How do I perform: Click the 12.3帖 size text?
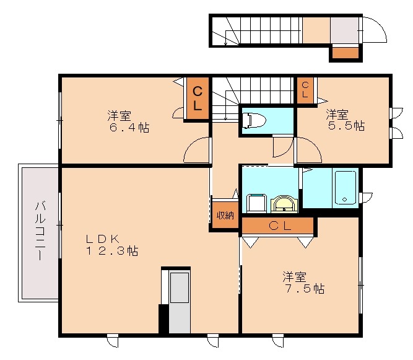[x=112, y=251]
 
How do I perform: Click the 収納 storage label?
[x=225, y=216]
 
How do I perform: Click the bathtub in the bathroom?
[x=344, y=187]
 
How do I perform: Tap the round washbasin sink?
[x=285, y=203]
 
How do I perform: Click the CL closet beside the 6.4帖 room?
[x=197, y=99]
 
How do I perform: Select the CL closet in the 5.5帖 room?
[x=305, y=90]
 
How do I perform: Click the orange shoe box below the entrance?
[x=345, y=53]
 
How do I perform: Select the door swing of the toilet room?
[x=284, y=147]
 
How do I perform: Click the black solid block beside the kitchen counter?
[x=163, y=318]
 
